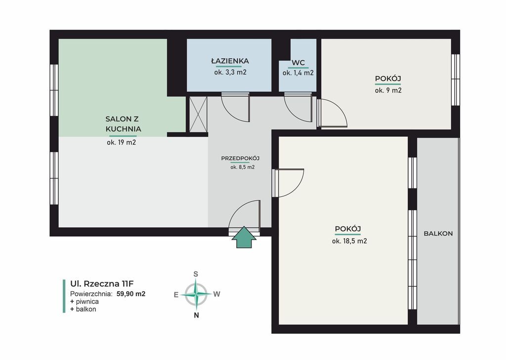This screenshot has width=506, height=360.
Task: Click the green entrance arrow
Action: [244, 237]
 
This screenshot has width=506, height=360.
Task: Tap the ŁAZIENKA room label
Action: [230, 61]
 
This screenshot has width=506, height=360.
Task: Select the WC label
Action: [298, 63]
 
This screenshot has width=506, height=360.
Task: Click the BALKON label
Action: [438, 233]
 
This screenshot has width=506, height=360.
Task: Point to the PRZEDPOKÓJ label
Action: [241, 158]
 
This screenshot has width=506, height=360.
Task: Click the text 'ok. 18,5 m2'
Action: [349, 241]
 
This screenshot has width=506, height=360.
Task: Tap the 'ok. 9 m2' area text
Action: [388, 90]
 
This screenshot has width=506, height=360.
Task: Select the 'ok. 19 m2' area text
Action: [122, 142]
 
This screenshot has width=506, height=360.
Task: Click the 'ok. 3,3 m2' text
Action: [230, 72]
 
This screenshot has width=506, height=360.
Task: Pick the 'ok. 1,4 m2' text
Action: [298, 73]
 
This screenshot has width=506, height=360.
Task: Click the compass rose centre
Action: [196, 294]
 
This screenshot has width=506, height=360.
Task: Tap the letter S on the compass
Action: [196, 274]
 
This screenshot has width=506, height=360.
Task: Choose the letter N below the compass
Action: [196, 315]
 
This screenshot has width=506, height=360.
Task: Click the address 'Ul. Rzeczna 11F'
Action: [102, 284]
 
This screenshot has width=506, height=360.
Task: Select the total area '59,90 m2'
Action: [131, 294]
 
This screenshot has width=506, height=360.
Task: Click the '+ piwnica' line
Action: [84, 302]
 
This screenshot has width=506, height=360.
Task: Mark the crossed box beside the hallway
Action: [198, 114]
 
